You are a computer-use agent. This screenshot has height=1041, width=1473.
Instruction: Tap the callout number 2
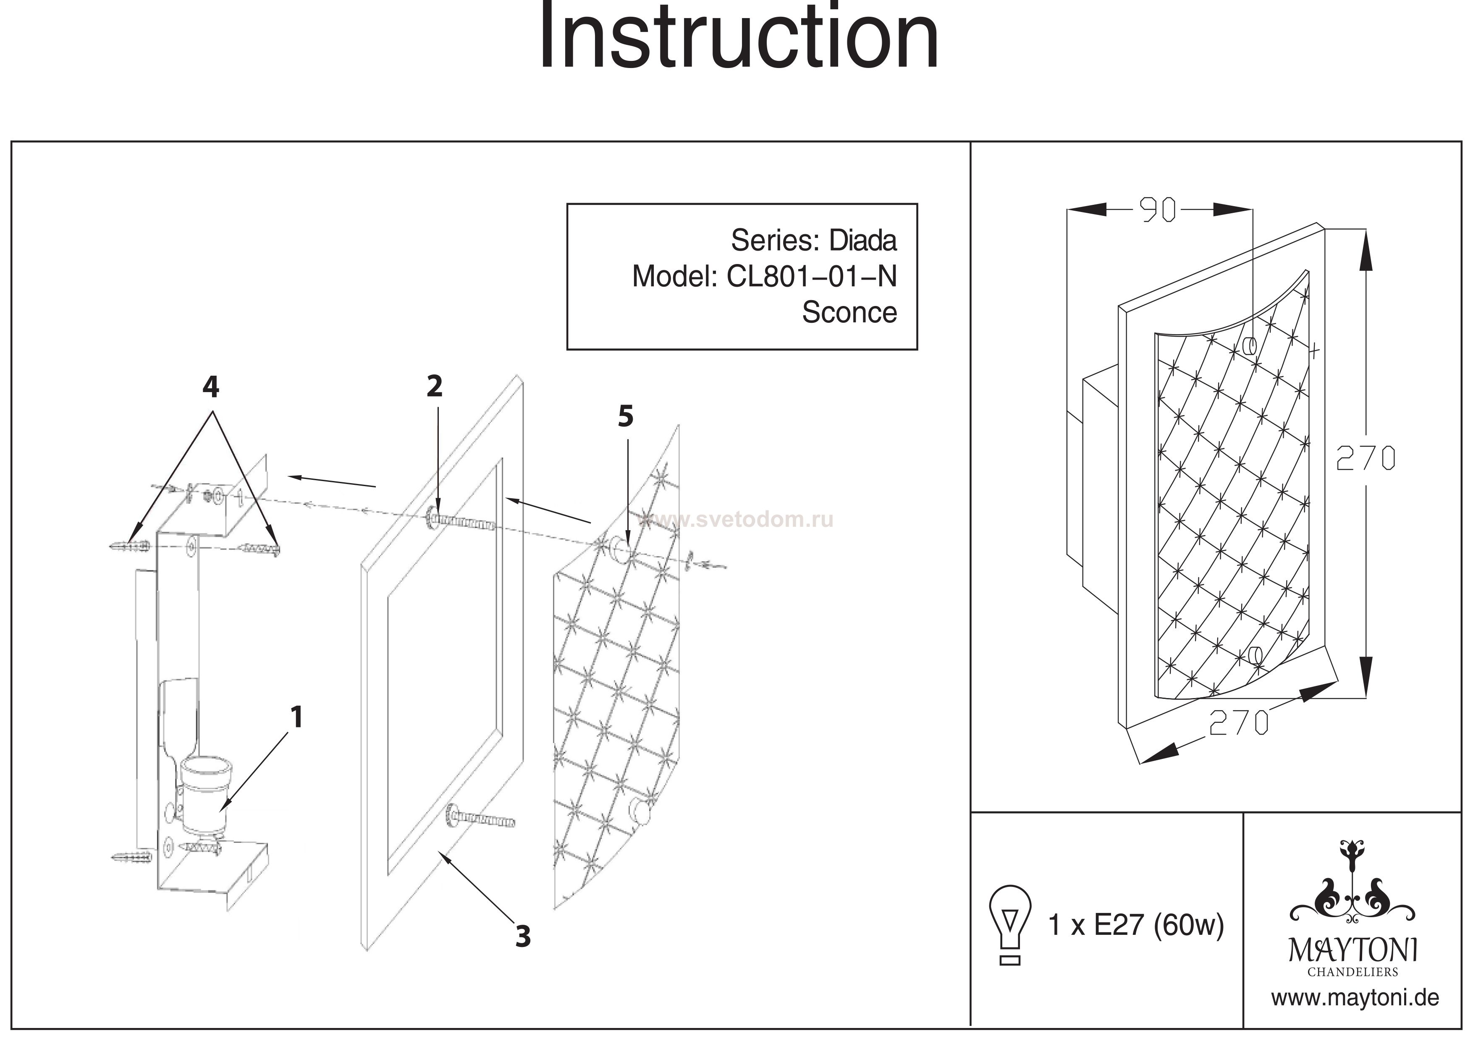coord(435,387)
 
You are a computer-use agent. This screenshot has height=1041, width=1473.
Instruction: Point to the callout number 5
coord(626,417)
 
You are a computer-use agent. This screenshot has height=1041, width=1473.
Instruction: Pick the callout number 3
coord(523,937)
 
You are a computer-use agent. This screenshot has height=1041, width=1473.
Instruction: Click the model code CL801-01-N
coord(812,277)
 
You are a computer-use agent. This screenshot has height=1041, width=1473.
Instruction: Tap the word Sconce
coord(849,312)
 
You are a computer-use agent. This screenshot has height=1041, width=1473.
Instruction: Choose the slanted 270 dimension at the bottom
coord(1238,723)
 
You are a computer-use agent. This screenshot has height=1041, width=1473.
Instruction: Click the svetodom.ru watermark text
coord(738,520)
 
